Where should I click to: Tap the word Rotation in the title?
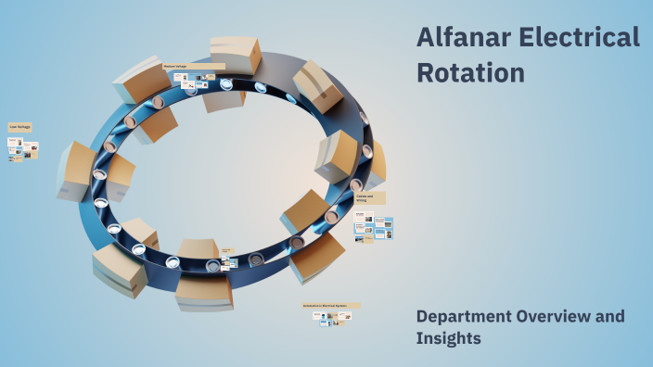tap(470, 71)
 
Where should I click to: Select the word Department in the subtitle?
tap(468, 317)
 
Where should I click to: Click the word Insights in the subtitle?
tap(449, 339)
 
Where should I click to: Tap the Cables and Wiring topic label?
tap(369, 198)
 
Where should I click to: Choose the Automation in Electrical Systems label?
tap(330, 305)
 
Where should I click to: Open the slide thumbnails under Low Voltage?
tap(23, 148)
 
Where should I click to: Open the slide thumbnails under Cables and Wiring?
tap(373, 227)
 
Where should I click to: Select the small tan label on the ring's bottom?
tap(227, 251)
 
